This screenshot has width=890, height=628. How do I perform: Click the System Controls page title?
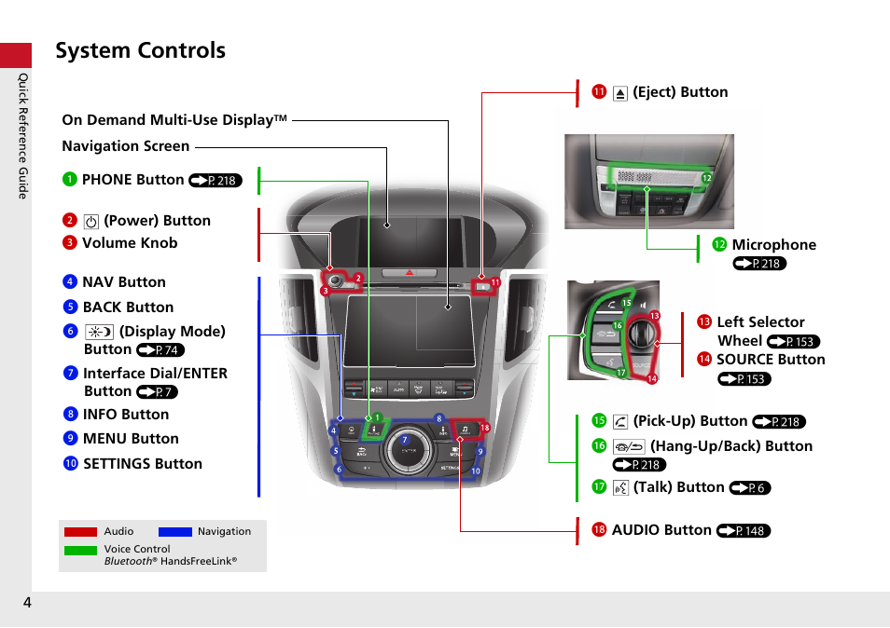140,50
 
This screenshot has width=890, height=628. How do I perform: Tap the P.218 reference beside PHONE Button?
216,181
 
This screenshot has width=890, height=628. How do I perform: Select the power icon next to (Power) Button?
90,222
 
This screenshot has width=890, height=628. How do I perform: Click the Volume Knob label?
129,243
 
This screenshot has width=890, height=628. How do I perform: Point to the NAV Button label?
123,282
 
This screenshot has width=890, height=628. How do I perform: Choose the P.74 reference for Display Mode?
160,350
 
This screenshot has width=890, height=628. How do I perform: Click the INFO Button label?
125,415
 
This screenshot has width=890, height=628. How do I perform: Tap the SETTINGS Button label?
142,464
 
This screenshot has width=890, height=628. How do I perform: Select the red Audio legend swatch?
80,532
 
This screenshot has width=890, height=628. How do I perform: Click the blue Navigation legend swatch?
175,532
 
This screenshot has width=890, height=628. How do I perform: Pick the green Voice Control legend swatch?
80,550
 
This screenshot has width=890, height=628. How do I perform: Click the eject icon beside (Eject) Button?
620,93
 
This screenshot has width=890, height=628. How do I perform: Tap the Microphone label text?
773,245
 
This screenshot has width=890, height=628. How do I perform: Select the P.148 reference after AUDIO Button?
744,531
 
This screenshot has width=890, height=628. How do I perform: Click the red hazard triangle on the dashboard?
408,274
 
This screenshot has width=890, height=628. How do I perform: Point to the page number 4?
28,603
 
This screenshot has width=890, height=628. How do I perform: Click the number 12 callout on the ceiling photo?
706,178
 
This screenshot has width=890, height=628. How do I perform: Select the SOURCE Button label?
770,360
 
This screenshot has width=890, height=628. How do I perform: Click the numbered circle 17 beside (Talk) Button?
600,487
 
